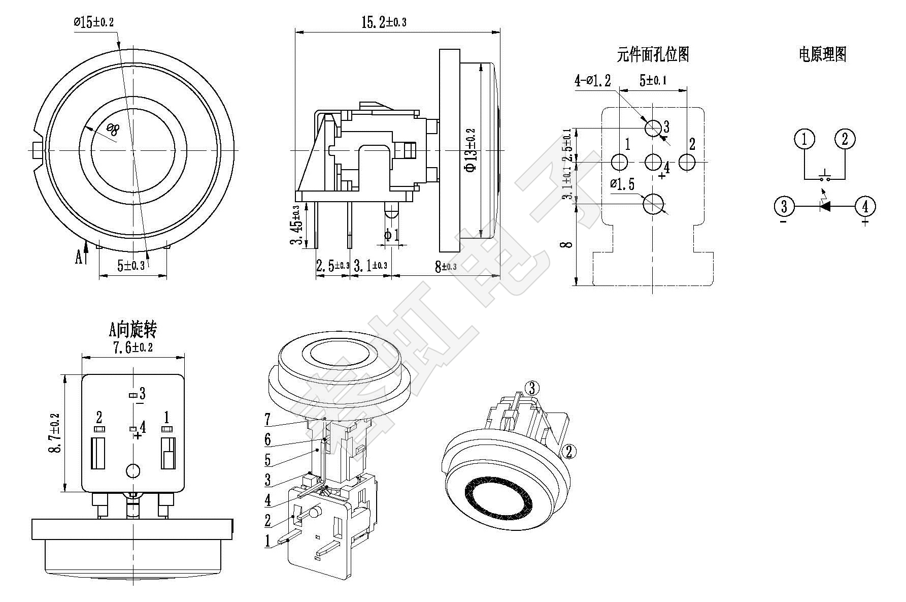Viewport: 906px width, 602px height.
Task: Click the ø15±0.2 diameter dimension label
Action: (x=94, y=22)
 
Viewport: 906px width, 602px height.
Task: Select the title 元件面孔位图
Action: (x=653, y=54)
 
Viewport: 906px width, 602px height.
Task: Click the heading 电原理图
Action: (x=823, y=54)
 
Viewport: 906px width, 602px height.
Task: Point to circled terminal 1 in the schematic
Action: (x=804, y=139)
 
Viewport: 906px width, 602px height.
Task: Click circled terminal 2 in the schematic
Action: (x=845, y=139)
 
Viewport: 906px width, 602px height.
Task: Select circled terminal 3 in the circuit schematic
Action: (x=784, y=206)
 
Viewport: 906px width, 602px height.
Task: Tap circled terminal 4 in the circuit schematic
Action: (x=865, y=206)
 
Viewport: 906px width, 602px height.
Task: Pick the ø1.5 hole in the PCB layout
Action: (x=653, y=204)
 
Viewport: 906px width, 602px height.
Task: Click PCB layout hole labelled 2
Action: (x=687, y=162)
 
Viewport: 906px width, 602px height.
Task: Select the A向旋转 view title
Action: (x=132, y=331)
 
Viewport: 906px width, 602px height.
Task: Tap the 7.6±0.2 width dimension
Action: (x=132, y=347)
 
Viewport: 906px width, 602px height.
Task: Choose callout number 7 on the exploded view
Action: (x=267, y=420)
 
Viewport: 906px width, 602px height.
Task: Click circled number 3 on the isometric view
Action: (x=531, y=388)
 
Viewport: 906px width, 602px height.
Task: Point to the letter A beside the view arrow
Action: (x=79, y=258)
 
